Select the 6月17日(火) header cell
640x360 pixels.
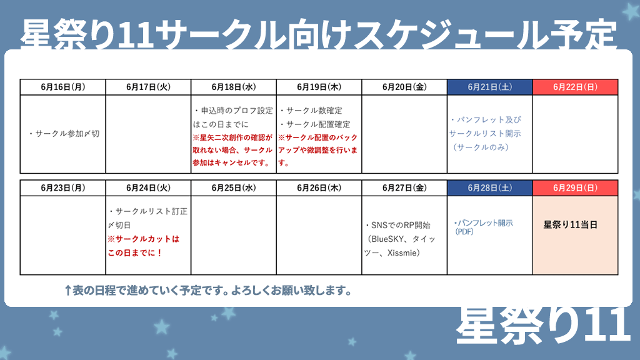click(x=148, y=87)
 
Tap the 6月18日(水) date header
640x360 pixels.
click(x=234, y=87)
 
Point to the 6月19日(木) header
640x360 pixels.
click(x=319, y=87)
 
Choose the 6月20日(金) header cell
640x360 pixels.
click(x=404, y=87)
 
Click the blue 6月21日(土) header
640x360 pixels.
click(x=490, y=87)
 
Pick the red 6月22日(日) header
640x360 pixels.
click(x=575, y=87)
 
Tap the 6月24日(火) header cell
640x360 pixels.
click(x=148, y=187)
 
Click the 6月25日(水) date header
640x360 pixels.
click(x=234, y=187)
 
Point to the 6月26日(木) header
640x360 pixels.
click(x=319, y=187)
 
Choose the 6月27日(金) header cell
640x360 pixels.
click(x=404, y=187)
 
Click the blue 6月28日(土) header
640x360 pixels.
click(x=490, y=187)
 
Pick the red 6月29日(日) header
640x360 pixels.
click(x=575, y=187)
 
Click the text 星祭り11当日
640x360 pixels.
click(x=571, y=224)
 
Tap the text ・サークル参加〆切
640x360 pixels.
click(x=64, y=134)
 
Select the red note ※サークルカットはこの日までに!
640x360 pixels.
click(x=144, y=245)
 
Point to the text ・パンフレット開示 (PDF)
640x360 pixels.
click(x=483, y=226)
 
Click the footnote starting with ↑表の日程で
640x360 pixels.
click(x=207, y=291)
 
